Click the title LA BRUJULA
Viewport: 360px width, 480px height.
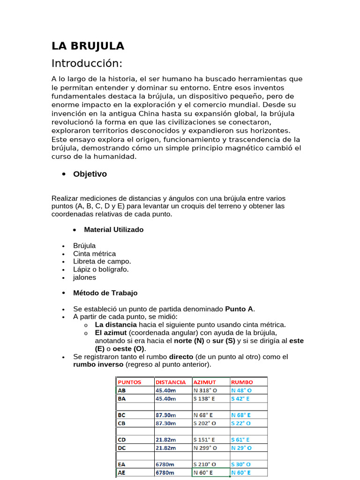88,46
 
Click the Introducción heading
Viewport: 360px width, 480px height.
87,63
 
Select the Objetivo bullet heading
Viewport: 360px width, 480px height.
90,174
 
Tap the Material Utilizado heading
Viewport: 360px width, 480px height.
113,230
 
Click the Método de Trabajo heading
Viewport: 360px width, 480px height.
105,293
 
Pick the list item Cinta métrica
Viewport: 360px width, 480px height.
94,254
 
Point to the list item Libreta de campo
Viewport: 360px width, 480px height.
102,262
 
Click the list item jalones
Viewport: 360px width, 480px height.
84,277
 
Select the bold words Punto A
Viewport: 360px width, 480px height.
240,309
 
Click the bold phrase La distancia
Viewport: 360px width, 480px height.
116,324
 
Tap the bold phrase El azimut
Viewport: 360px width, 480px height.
112,333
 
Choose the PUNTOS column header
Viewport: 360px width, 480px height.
129,382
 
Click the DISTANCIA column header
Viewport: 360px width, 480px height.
171,382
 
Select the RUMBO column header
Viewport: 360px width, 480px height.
242,382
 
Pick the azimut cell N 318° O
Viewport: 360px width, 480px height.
205,390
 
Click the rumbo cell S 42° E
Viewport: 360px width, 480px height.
240,398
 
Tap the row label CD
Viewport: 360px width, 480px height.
122,440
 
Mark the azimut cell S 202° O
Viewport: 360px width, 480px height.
205,423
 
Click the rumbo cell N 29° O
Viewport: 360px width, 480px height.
241,448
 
